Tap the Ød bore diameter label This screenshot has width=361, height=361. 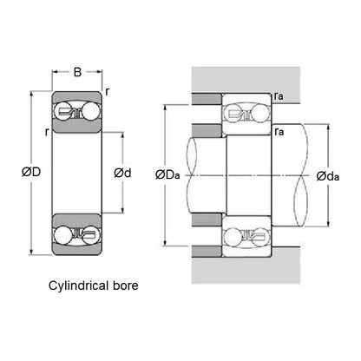click(x=124, y=173)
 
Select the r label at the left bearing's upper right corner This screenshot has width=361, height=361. click(x=107, y=89)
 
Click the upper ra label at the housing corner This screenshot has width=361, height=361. click(x=278, y=99)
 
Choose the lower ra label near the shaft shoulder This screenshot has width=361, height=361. click(x=277, y=132)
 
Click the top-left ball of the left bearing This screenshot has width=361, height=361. click(x=62, y=111)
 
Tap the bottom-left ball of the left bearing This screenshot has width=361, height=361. click(x=62, y=234)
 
